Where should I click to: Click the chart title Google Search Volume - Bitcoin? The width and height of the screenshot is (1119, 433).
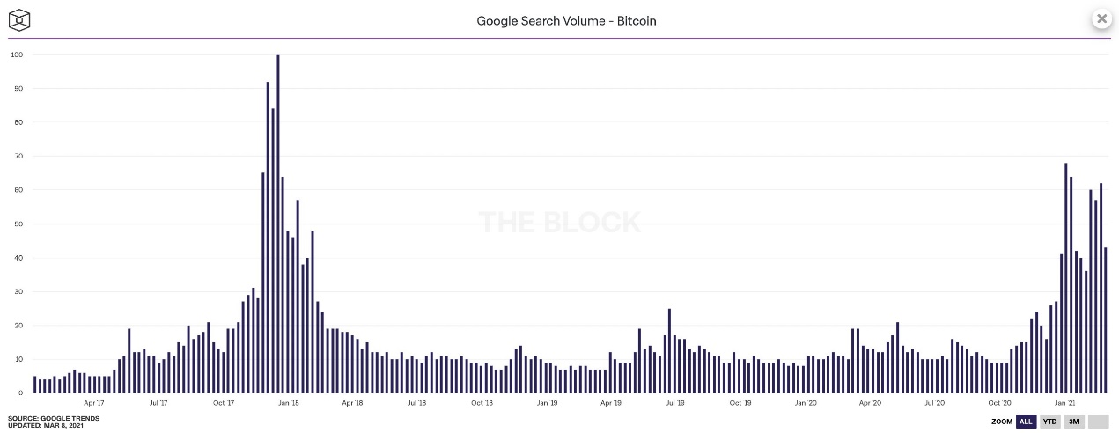pyautogui.click(x=566, y=20)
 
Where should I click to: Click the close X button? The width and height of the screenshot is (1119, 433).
pyautogui.click(x=1101, y=18)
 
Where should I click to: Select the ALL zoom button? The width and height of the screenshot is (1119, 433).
pyautogui.click(x=1026, y=422)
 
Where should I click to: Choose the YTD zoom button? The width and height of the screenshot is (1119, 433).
pyautogui.click(x=1050, y=422)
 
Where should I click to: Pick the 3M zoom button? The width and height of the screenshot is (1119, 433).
pyautogui.click(x=1074, y=422)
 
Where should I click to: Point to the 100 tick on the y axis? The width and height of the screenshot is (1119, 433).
pyautogui.click(x=16, y=55)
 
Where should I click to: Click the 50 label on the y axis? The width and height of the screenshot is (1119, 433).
pyautogui.click(x=17, y=224)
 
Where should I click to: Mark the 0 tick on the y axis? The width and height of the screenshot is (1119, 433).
pyautogui.click(x=19, y=393)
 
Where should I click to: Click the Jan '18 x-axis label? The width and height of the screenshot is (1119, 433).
pyautogui.click(x=289, y=403)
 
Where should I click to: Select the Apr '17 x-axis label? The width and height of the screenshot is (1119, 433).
pyautogui.click(x=94, y=403)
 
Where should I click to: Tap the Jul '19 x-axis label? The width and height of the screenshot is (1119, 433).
pyautogui.click(x=675, y=403)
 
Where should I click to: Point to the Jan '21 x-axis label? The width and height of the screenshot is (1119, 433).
pyautogui.click(x=1065, y=403)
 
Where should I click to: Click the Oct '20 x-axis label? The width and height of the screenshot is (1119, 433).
pyautogui.click(x=1000, y=403)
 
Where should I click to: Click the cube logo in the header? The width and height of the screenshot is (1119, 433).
pyautogui.click(x=19, y=19)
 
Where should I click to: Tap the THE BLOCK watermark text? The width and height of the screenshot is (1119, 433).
pyautogui.click(x=560, y=222)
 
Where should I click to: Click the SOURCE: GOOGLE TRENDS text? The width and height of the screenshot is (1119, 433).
pyautogui.click(x=54, y=418)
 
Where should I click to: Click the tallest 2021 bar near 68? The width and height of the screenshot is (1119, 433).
pyautogui.click(x=1066, y=278)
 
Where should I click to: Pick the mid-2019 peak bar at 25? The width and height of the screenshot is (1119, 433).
pyautogui.click(x=670, y=351)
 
